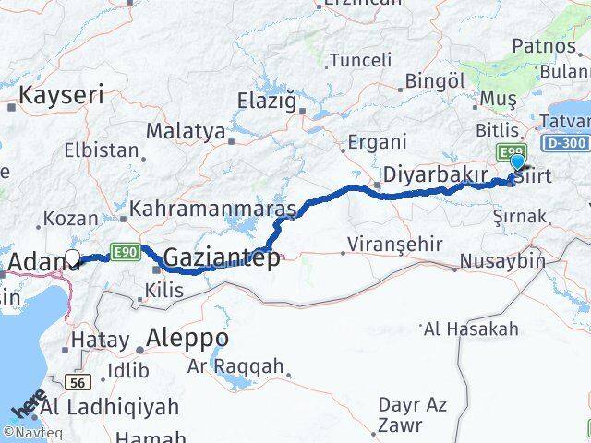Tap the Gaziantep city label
[222, 259]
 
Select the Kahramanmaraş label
[211, 210]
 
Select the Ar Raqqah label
[235, 366]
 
